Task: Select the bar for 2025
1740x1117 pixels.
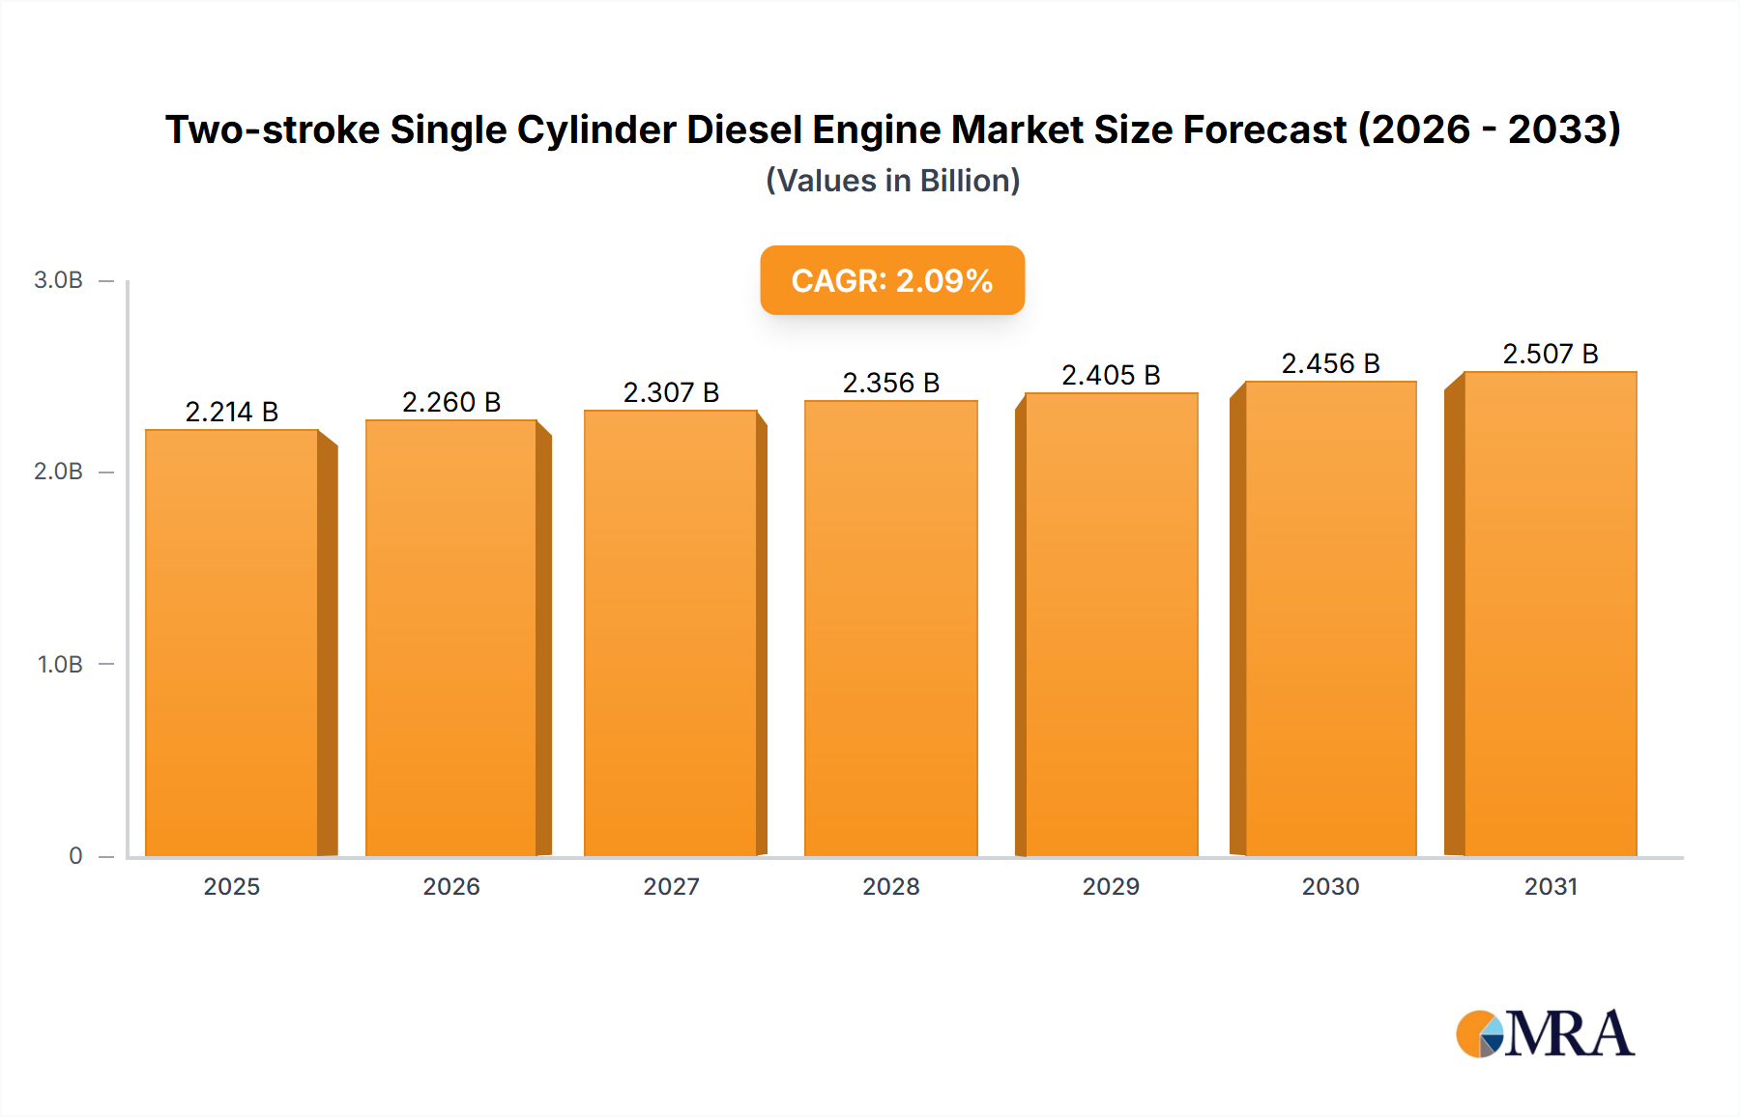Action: pos(232,643)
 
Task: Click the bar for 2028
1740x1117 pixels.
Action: pos(890,628)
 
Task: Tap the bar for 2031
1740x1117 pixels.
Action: pos(1550,614)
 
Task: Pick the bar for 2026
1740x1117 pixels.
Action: pos(451,638)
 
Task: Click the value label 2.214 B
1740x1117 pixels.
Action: pos(232,412)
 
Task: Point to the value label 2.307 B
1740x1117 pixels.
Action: pos(671,392)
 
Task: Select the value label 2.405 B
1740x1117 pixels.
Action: pos(1111,375)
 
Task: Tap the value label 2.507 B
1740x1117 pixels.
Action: pos(1550,354)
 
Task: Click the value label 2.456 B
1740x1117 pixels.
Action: pos(1330,363)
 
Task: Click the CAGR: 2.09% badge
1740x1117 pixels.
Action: pos(892,280)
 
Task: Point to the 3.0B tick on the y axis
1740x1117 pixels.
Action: pos(58,280)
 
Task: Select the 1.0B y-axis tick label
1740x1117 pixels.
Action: pos(60,664)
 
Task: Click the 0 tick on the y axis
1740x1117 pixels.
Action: pos(75,855)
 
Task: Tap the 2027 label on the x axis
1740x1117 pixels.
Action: pos(671,886)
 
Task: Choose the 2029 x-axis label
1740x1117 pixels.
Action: pos(1111,886)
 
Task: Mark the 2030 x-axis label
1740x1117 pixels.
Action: pos(1330,886)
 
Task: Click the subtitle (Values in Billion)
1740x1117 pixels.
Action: pos(892,181)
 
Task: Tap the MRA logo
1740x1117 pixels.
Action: pos(1544,1034)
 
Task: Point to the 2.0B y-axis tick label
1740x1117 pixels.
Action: pos(58,472)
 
